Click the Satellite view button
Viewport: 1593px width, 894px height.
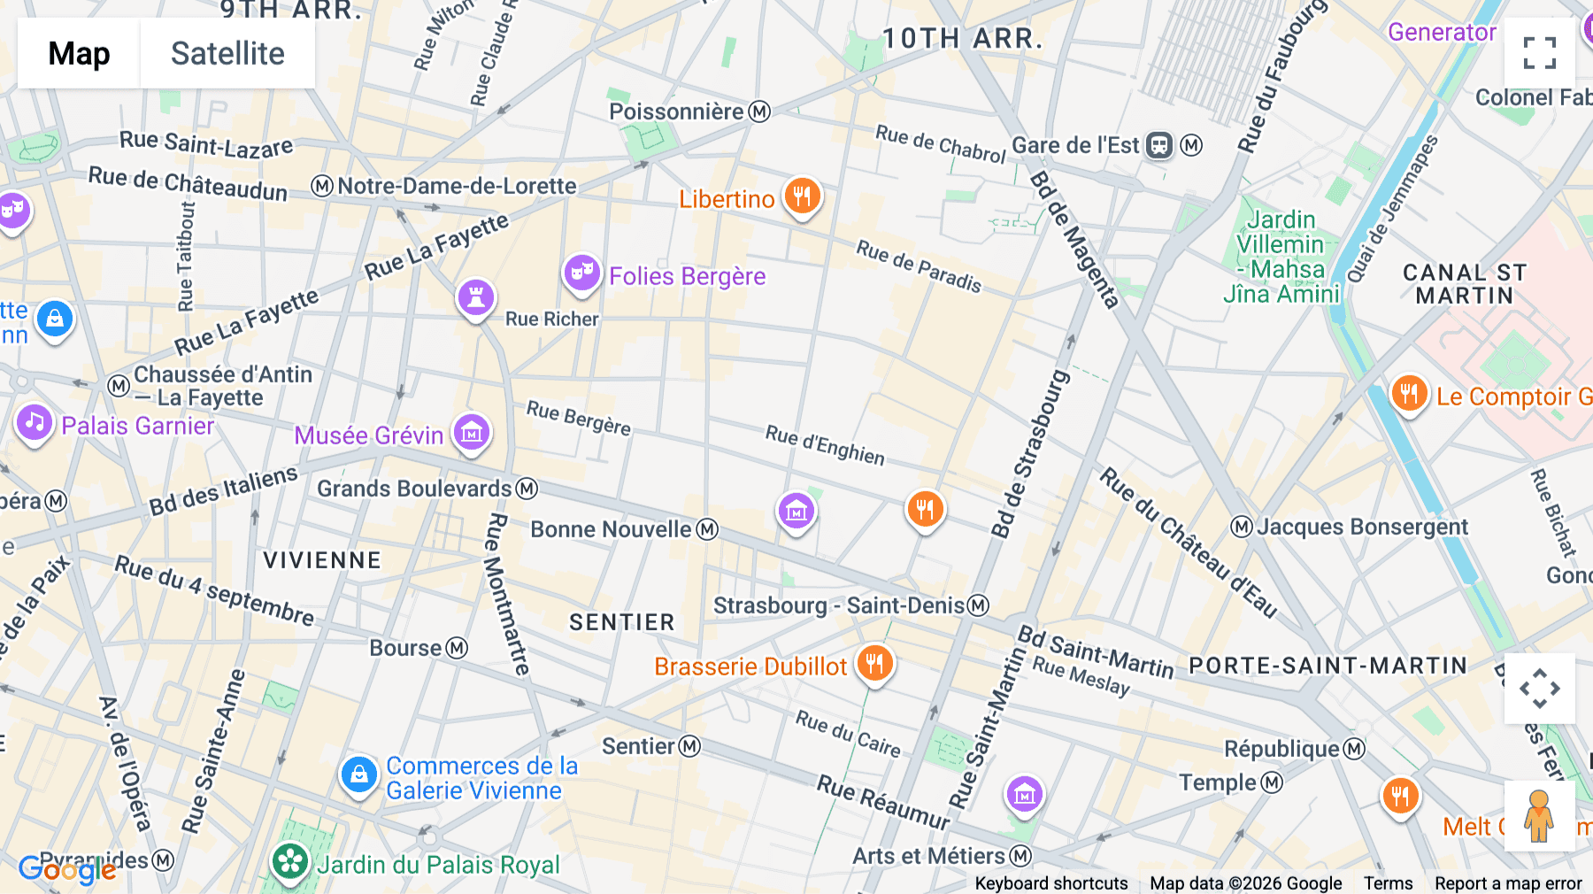[x=227, y=53]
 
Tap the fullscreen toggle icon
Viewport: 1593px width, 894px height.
[x=1539, y=53]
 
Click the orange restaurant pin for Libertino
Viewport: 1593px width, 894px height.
[x=802, y=196]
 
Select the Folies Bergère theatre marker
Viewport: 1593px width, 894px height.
[x=581, y=273]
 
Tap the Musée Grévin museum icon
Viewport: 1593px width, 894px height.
[x=472, y=433]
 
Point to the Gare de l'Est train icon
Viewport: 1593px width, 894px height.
[x=1159, y=145]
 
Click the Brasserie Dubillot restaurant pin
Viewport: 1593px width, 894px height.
[x=874, y=663]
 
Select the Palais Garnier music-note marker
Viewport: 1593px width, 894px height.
[x=35, y=423]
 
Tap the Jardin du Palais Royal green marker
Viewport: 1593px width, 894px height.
[x=289, y=861]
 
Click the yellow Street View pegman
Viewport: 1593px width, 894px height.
[x=1539, y=815]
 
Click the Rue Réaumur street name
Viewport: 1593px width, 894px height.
[x=882, y=802]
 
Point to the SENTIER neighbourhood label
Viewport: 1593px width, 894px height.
[x=621, y=622]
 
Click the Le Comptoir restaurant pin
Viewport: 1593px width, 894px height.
[x=1409, y=393]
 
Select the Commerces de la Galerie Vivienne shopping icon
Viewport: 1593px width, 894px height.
[x=359, y=775]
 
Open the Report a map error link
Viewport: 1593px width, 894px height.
[x=1507, y=882]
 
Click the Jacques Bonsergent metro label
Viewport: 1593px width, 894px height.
[x=1361, y=527]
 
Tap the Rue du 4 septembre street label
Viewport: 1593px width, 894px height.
[x=214, y=590]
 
